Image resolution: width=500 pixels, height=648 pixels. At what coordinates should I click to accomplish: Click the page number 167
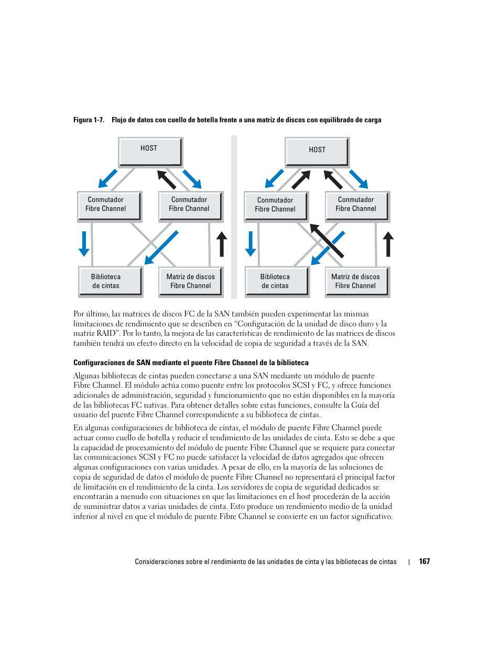click(424, 561)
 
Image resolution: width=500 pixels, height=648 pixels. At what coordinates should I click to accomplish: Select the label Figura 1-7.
click(89, 120)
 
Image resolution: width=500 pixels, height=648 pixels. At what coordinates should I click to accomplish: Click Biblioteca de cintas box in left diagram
click(110, 281)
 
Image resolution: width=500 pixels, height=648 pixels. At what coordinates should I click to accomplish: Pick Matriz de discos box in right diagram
click(356, 281)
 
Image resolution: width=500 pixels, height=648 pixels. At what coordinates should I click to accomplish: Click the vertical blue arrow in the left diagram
click(84, 243)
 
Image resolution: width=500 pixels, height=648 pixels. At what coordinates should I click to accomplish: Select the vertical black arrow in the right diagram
click(388, 244)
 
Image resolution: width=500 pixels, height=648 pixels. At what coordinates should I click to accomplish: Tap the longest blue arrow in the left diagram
click(161, 247)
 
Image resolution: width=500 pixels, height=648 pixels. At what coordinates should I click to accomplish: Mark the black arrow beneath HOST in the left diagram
click(167, 179)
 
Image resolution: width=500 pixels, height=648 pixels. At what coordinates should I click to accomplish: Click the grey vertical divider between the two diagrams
click(234, 217)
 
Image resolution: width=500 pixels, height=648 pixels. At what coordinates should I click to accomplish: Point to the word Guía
click(359, 405)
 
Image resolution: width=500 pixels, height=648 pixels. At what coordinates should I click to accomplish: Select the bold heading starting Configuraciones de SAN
click(191, 363)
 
